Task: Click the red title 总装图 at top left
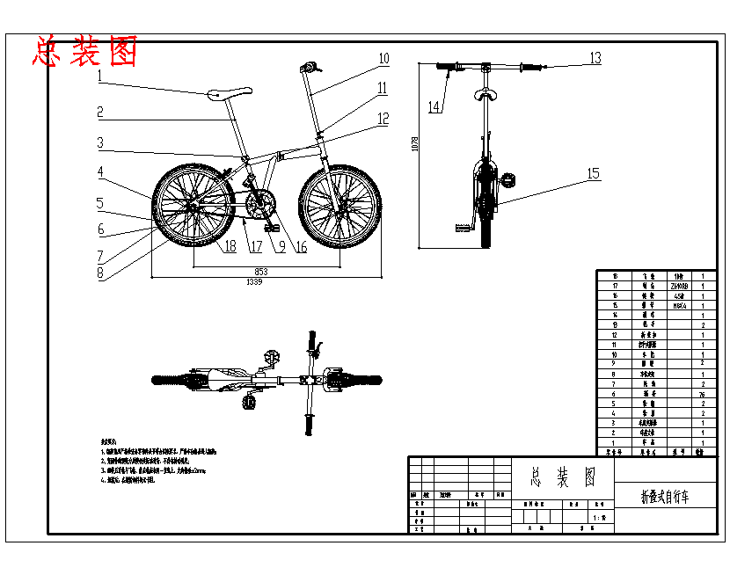[x=85, y=52]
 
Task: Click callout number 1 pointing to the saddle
[x=100, y=76]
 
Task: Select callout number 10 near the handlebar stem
[x=383, y=59]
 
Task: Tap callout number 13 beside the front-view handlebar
[x=595, y=58]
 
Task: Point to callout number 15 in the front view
[x=594, y=174]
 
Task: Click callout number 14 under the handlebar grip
[x=434, y=106]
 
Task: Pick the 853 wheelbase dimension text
[x=261, y=272]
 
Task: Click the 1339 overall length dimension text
[x=254, y=282]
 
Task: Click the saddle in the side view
[x=229, y=92]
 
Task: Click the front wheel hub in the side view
[x=339, y=207]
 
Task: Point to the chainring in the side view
[x=258, y=207]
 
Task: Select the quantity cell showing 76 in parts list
[x=702, y=395]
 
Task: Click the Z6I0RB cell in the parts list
[x=678, y=287]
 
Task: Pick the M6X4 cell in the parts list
[x=678, y=306]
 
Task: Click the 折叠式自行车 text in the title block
[x=664, y=497]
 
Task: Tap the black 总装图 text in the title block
[x=563, y=477]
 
